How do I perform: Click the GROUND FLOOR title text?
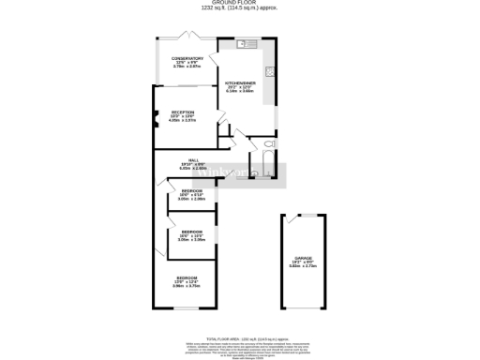[x=240, y=4]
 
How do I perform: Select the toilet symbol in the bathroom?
[x=268, y=144]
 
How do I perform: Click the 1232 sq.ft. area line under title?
[x=240, y=9]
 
